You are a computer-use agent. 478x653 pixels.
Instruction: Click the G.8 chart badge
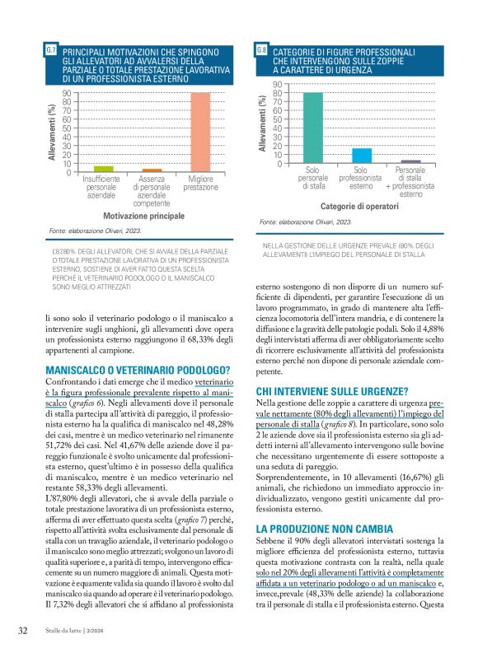[x=261, y=51]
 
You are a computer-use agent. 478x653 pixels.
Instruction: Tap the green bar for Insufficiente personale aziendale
[x=103, y=169]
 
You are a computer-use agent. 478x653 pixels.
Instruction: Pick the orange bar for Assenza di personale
[x=152, y=170]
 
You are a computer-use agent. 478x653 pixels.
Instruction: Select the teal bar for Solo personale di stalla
[x=312, y=128]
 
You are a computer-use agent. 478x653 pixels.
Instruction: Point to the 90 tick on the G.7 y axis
[x=67, y=93]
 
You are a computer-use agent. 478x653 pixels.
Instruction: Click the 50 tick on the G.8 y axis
[x=278, y=119]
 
